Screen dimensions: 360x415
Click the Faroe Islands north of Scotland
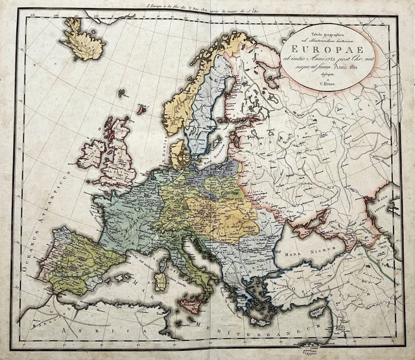[121, 93]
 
